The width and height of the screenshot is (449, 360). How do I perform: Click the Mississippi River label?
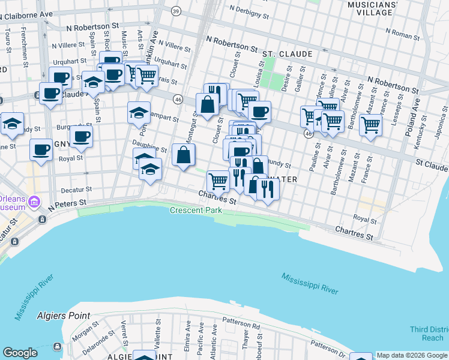[x=309, y=283]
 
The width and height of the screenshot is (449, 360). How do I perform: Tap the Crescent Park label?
[x=196, y=211]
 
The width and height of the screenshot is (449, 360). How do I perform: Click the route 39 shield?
[x=175, y=11]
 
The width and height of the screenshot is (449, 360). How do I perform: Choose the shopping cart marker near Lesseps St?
[x=371, y=125]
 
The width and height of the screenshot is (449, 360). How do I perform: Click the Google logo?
[x=20, y=353]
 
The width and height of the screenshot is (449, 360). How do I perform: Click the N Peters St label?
[x=68, y=205]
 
